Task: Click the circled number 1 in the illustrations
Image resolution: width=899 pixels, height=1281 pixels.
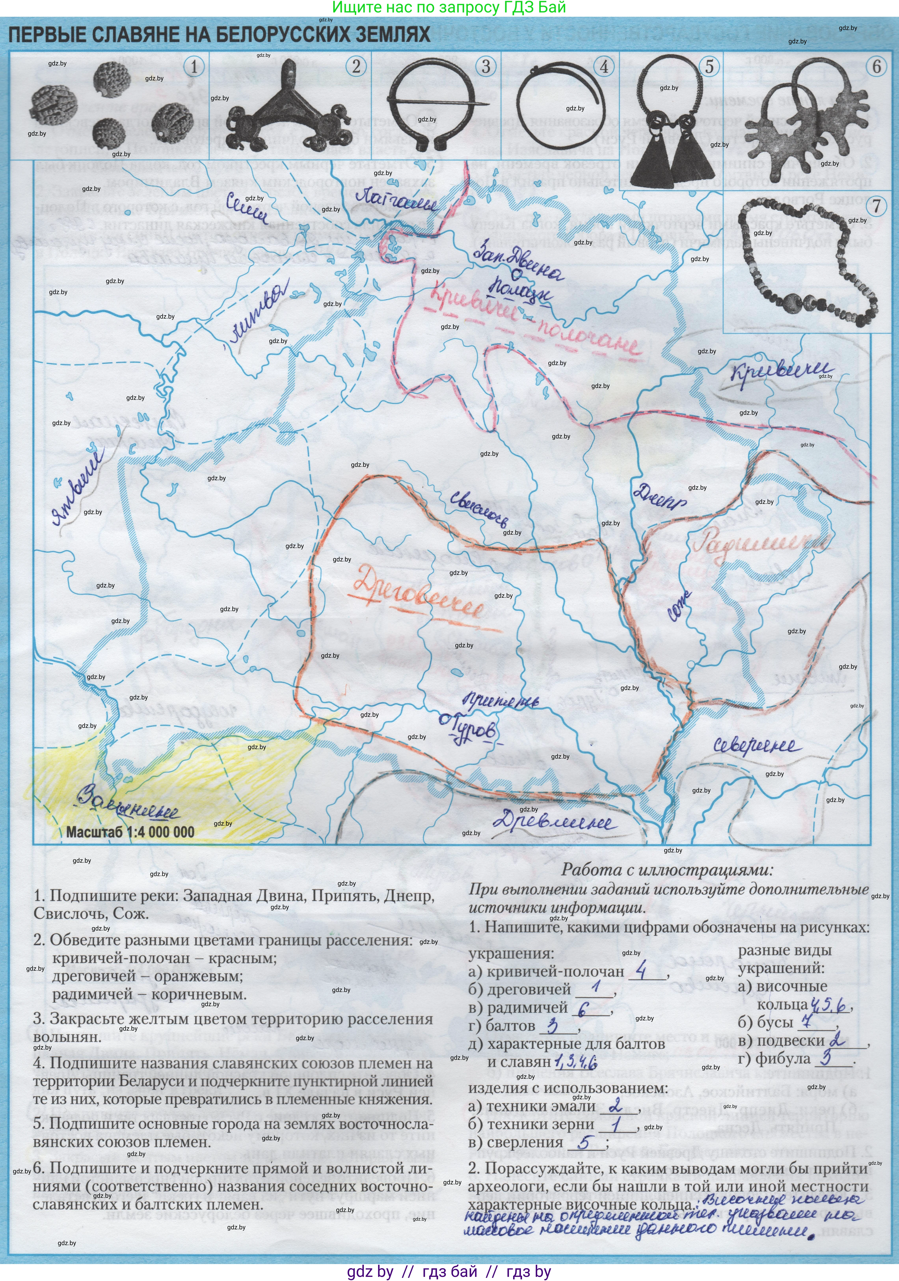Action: point(194,67)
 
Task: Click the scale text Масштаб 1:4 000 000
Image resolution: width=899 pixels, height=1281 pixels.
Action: point(130,832)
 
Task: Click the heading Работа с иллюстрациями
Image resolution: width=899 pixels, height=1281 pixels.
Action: point(667,869)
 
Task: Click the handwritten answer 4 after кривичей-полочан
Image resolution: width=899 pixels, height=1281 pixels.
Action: point(641,971)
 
